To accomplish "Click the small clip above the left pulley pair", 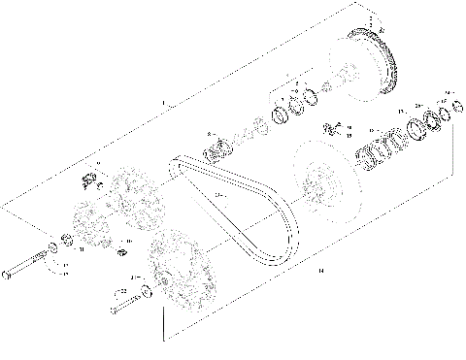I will pyautogui.click(x=87, y=179).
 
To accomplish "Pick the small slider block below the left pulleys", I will pyautogui.click(x=122, y=254).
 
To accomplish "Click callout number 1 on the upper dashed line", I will pyautogui.click(x=162, y=102).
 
